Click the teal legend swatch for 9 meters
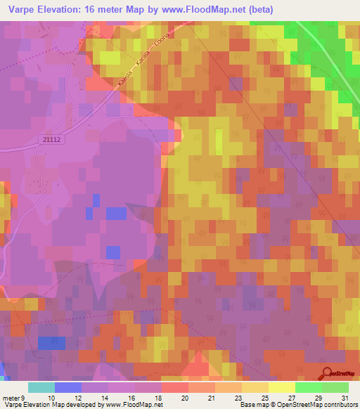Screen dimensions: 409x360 pos(41,387)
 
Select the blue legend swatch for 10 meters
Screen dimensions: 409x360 pos(68,387)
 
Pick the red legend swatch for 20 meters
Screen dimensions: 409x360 pos(175,387)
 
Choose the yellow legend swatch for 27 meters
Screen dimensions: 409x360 pos(282,387)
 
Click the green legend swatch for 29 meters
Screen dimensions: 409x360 pos(309,387)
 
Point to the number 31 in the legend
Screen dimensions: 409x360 pos(345,398)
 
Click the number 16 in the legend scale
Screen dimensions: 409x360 pos(131,398)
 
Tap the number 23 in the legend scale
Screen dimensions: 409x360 pos(238,398)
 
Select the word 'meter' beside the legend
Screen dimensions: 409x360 pos(13,398)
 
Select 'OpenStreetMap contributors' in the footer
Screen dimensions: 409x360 pos(321,405)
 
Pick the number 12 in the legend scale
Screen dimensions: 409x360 pos(78,398)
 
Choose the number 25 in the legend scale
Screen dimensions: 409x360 pos(265,398)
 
